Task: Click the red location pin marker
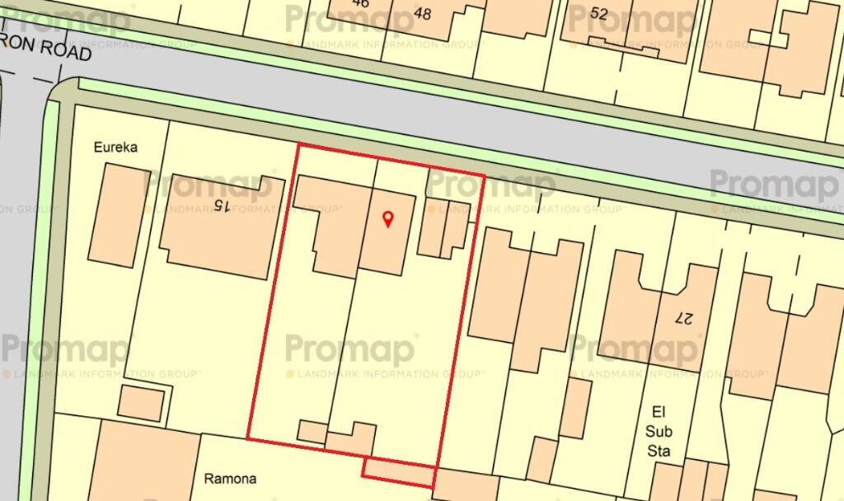(x=389, y=218)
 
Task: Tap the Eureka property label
(x=115, y=147)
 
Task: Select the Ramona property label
(x=230, y=478)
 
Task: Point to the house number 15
(x=219, y=203)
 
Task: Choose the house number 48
(x=424, y=12)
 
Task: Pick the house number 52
(x=599, y=12)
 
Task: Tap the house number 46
(x=360, y=4)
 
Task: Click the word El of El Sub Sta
(x=658, y=412)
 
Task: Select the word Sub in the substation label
(x=659, y=431)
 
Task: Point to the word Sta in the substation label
(x=659, y=451)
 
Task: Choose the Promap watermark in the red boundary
(x=350, y=349)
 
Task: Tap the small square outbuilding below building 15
(x=141, y=401)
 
